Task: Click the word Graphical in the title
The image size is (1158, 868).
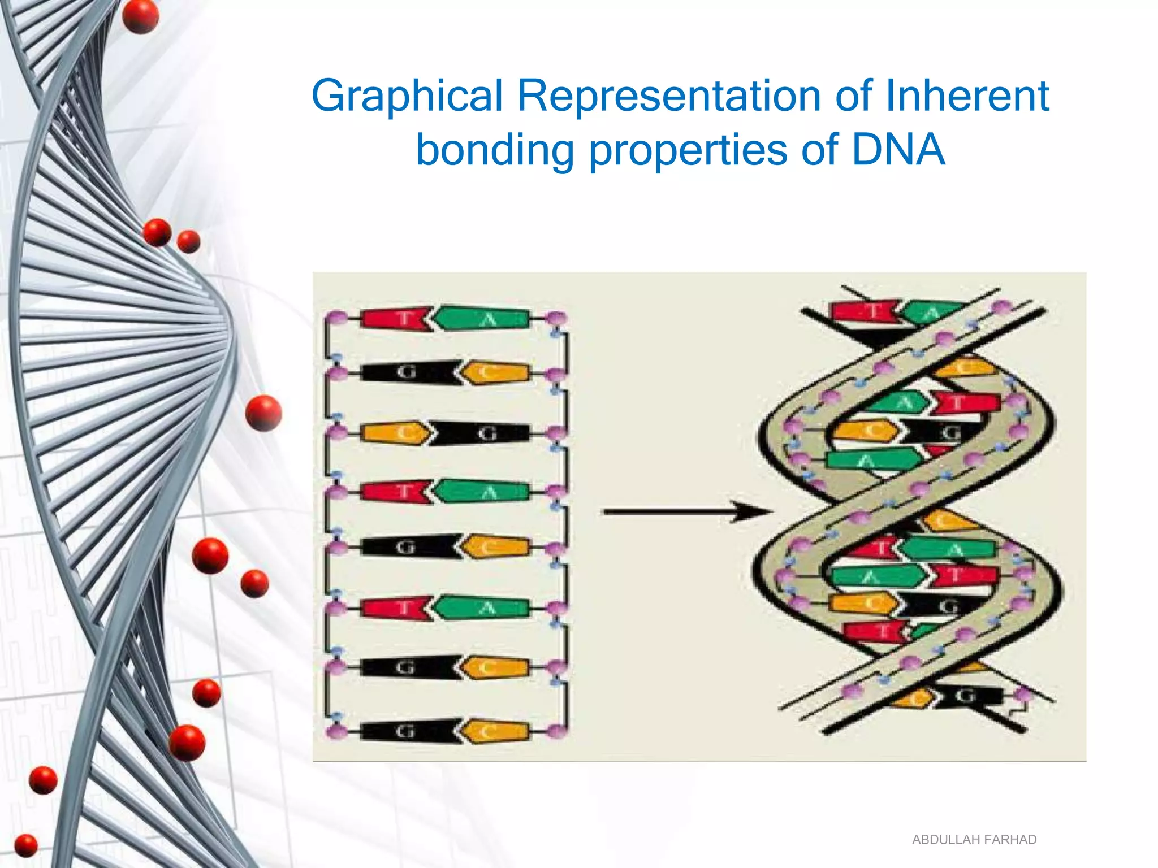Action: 407,96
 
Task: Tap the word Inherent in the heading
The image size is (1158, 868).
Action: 967,95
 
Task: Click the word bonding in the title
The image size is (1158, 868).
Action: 495,150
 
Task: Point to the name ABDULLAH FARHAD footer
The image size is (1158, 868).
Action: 974,840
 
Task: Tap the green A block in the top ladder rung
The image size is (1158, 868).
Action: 484,319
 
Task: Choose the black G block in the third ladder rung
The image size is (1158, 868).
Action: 485,433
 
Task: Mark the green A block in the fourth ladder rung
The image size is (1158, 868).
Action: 484,492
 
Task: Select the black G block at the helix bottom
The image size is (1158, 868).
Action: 967,696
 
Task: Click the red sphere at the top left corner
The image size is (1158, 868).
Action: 140,16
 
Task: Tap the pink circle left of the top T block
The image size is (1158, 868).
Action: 337,318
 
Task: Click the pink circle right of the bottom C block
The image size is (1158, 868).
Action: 557,731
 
